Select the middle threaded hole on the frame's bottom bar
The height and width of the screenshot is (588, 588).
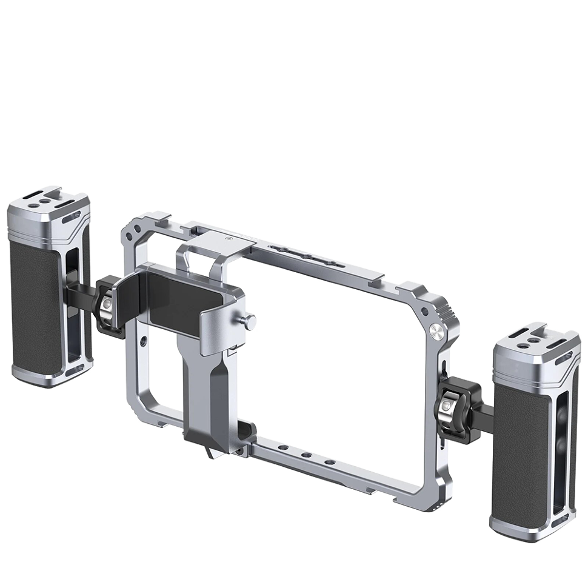click(x=308, y=455)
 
